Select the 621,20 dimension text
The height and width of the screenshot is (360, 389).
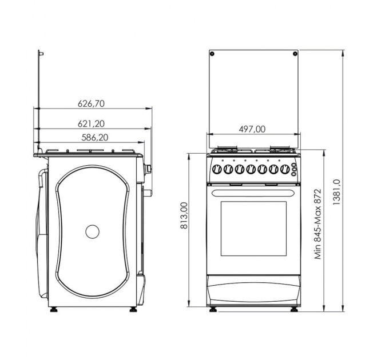(x=91, y=123)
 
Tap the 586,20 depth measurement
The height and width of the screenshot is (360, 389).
(x=91, y=137)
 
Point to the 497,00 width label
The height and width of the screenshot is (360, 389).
(x=252, y=129)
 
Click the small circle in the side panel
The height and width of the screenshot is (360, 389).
(x=92, y=231)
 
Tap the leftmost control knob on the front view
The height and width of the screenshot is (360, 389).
(x=217, y=170)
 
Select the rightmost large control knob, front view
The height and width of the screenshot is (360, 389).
(x=283, y=170)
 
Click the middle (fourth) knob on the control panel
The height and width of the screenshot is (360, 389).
(x=251, y=170)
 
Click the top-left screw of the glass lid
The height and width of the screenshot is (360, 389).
(x=212, y=54)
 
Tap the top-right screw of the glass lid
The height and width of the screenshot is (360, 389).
(x=294, y=54)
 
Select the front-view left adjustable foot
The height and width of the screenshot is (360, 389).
(x=214, y=310)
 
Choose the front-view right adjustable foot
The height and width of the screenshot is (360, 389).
(x=294, y=310)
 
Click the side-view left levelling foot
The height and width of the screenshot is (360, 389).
(x=54, y=310)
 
